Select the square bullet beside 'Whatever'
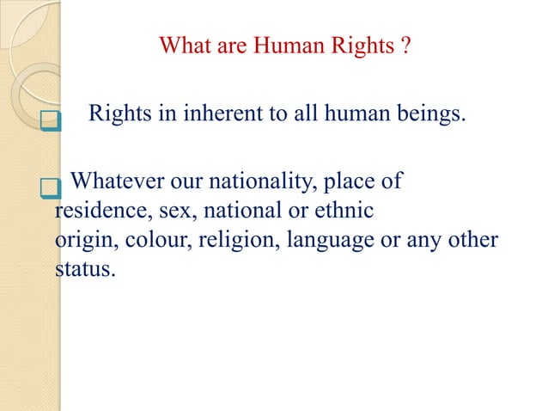tap(50, 187)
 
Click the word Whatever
tap(111, 182)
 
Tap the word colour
tap(152, 240)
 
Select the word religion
tap(232, 240)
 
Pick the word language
tap(326, 240)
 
